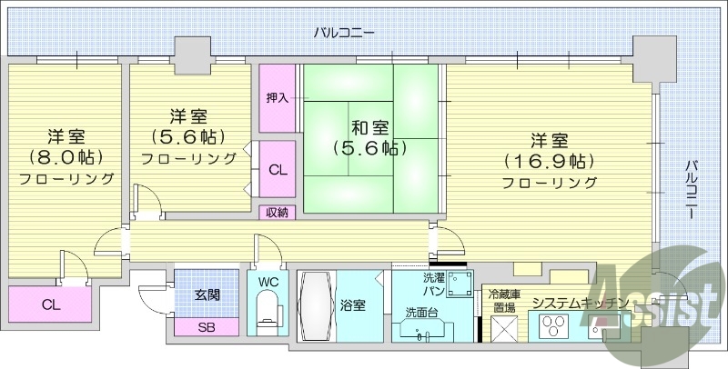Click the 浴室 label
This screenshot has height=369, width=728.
click(353, 305)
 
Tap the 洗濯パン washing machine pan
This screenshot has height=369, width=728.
click(460, 282)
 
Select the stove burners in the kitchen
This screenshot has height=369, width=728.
click(552, 324)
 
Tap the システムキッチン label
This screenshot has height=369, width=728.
click(580, 303)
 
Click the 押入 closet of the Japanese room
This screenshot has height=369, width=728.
click(278, 96)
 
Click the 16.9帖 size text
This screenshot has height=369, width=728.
click(551, 162)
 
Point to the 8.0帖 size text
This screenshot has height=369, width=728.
click(66, 157)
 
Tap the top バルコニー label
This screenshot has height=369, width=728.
click(344, 33)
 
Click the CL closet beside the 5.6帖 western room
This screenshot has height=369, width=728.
click(278, 168)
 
